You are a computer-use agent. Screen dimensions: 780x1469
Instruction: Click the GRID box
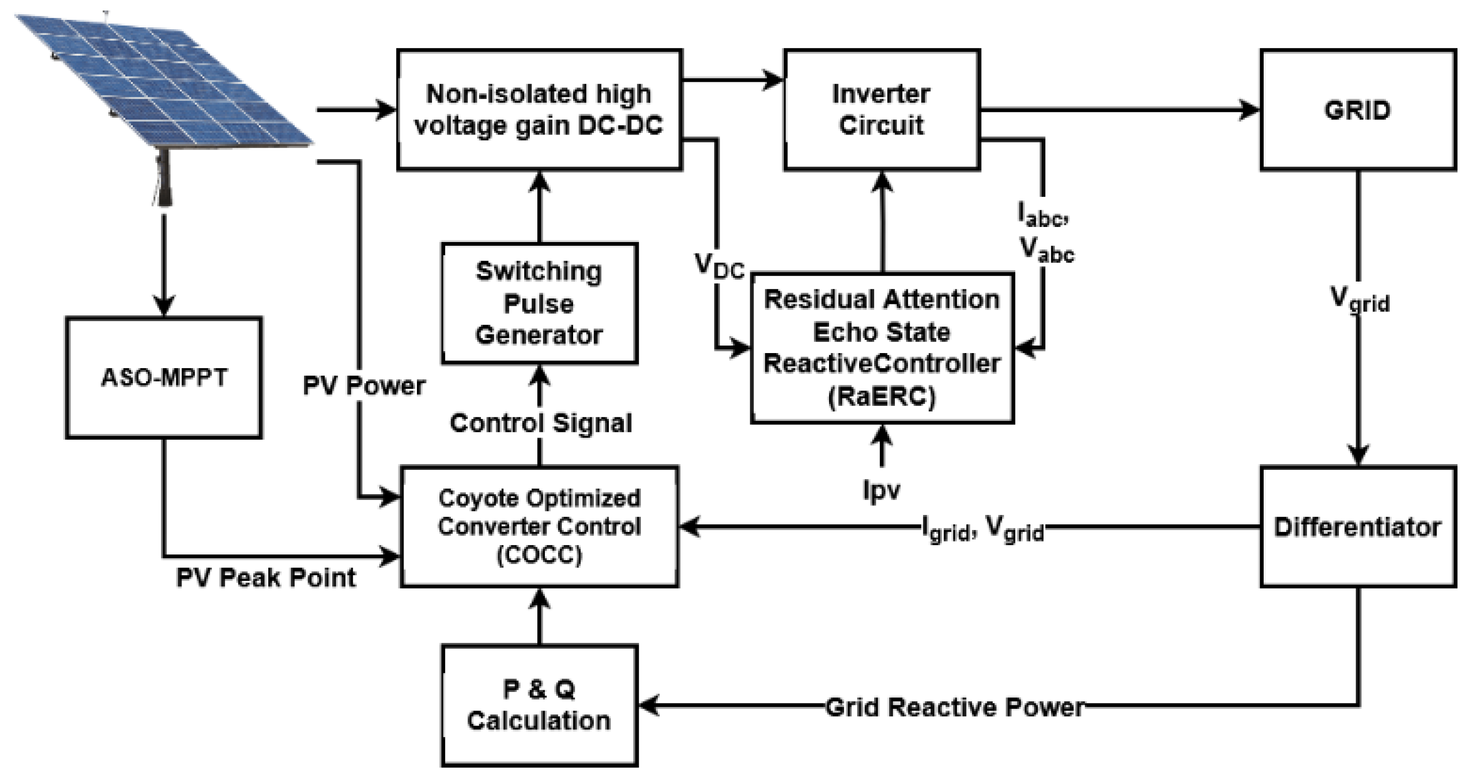coord(1358,110)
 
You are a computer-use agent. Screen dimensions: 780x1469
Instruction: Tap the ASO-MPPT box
coord(164,377)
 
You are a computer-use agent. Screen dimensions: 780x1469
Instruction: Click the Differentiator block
coord(1358,527)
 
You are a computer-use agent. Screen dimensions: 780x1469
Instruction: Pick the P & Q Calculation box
coord(540,705)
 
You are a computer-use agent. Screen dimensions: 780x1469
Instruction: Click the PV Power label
coord(364,386)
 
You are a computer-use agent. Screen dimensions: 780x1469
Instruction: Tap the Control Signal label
coord(540,423)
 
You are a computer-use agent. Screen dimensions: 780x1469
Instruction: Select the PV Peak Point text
coord(266,577)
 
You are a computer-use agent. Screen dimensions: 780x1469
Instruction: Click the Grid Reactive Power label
coord(955,707)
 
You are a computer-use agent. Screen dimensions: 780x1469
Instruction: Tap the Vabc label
coord(1046,250)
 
